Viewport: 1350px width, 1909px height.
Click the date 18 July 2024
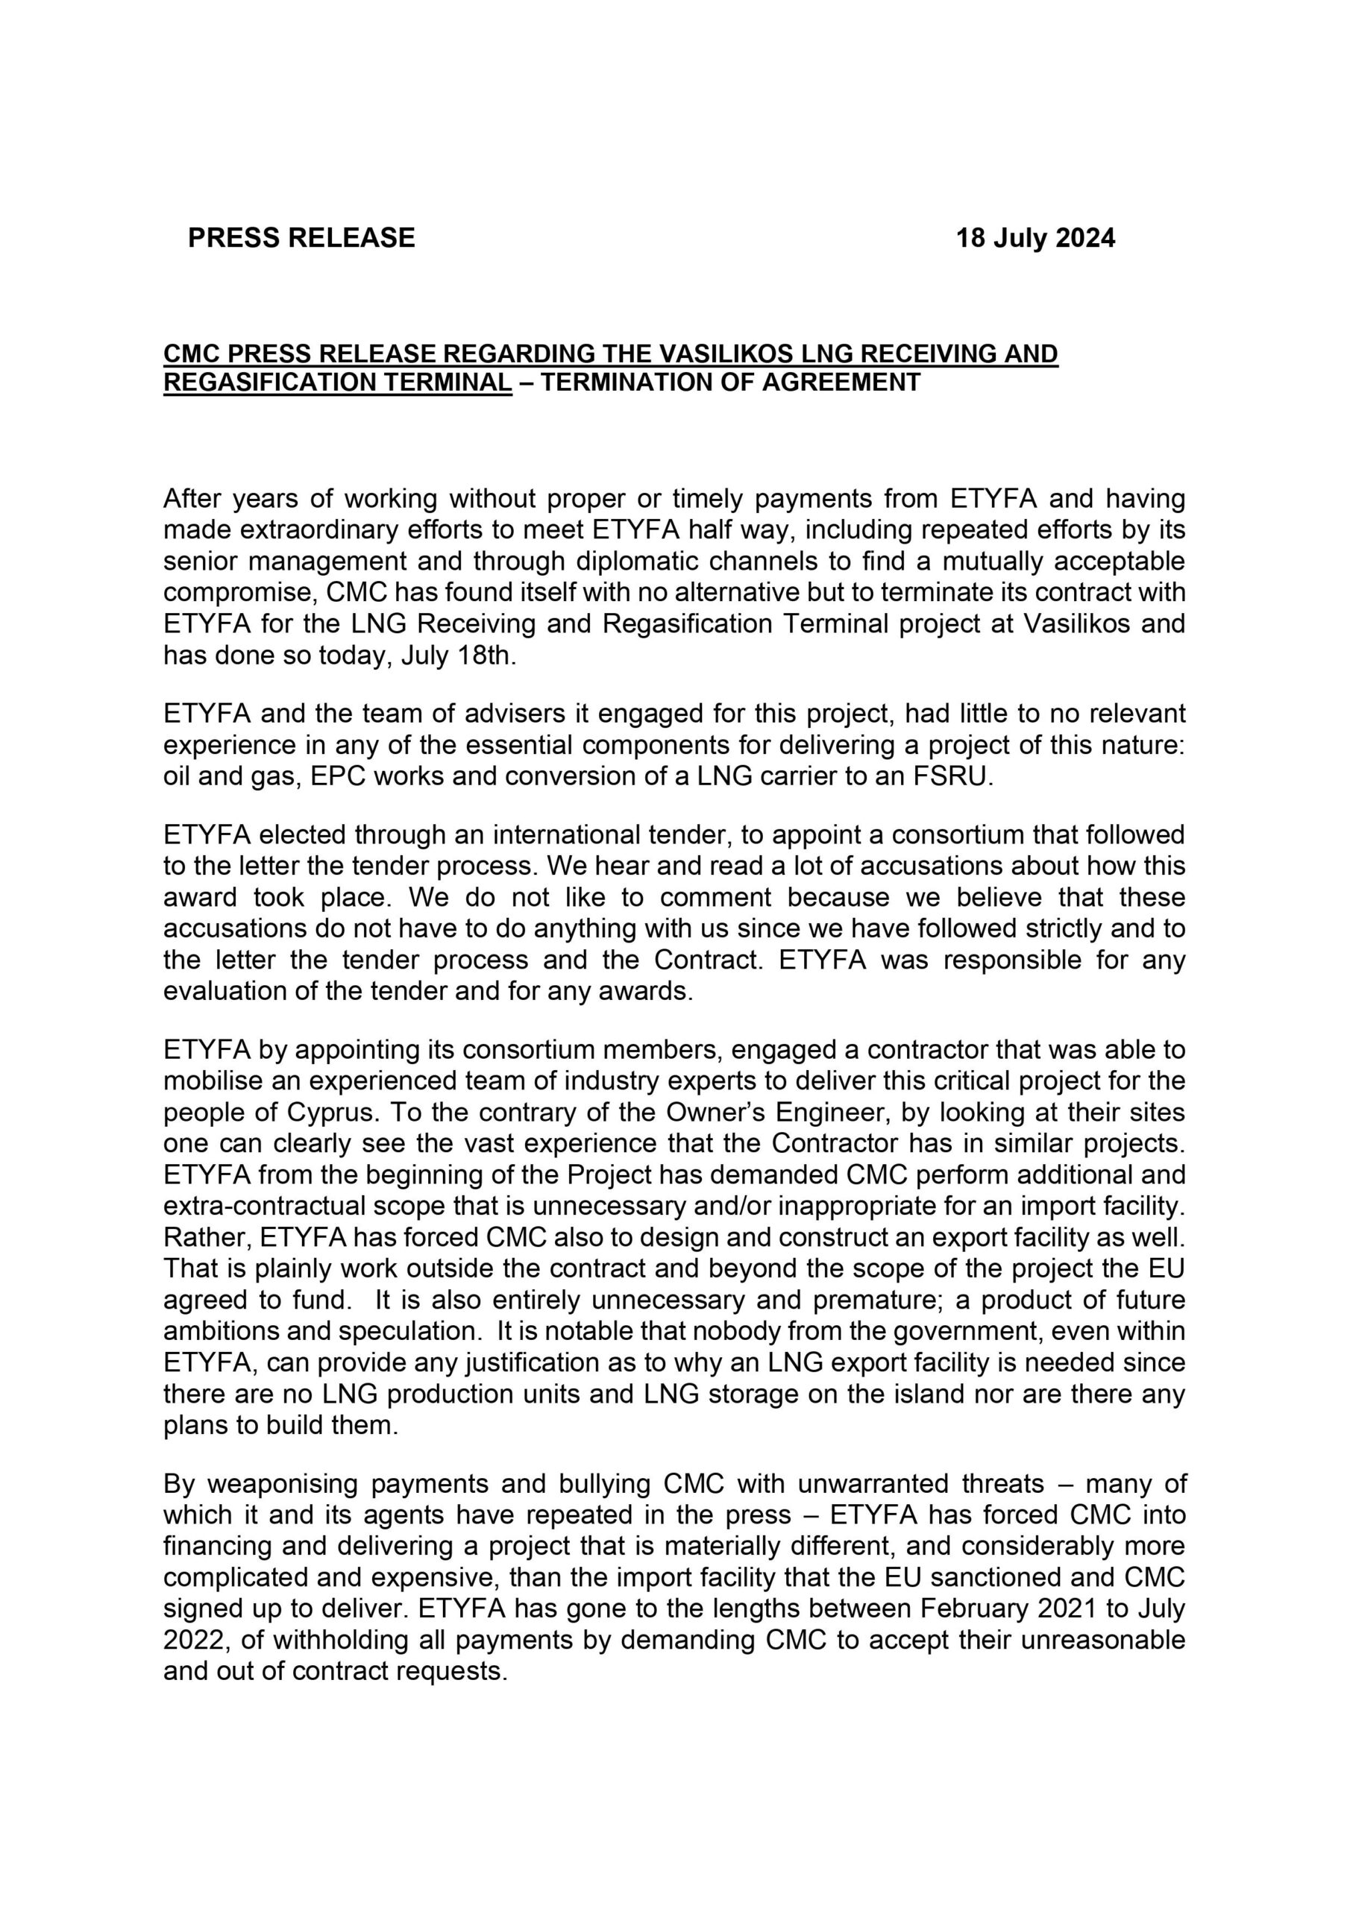click(1035, 239)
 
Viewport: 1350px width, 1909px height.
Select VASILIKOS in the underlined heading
click(724, 354)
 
